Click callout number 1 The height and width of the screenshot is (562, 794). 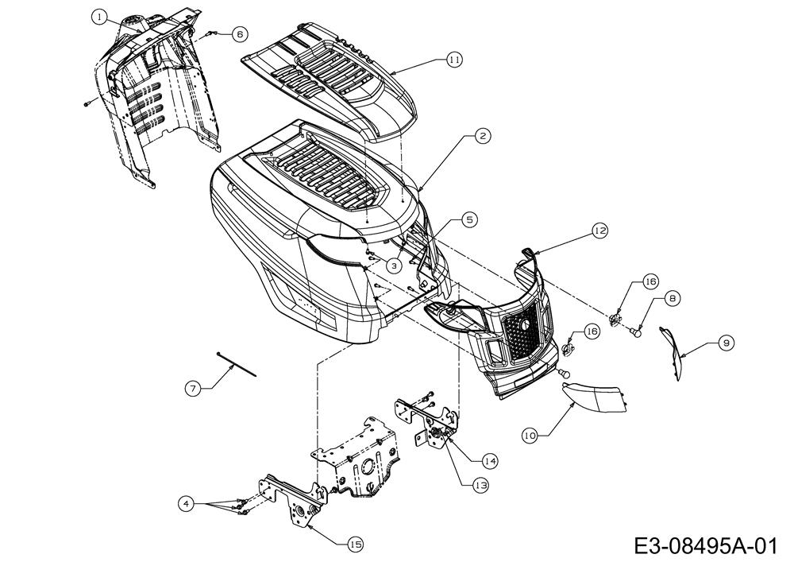[98, 16]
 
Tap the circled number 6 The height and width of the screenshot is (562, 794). [240, 34]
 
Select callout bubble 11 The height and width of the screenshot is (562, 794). [453, 60]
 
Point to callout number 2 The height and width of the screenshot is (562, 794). [483, 136]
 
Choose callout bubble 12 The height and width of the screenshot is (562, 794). [599, 231]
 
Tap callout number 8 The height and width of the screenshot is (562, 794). [673, 298]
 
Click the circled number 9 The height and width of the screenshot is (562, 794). [726, 343]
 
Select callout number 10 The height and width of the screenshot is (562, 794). [530, 435]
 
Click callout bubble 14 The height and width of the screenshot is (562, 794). [489, 460]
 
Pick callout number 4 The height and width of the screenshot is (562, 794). [185, 502]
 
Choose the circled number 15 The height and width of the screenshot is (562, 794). [354, 544]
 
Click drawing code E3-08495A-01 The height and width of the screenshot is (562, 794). [705, 546]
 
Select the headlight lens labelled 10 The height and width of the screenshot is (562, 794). [596, 396]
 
